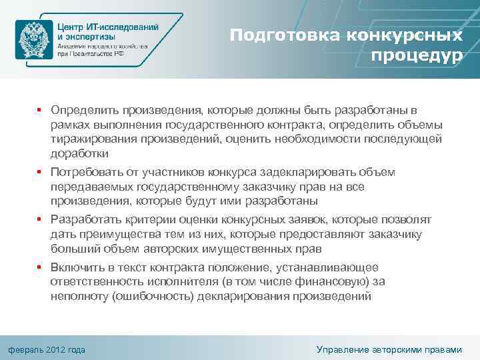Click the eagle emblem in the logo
(x=34, y=40)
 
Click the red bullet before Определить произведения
(x=39, y=109)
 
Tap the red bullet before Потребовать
(x=39, y=172)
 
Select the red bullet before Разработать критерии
(x=39, y=219)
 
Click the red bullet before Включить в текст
(x=39, y=266)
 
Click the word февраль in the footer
(x=25, y=349)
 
